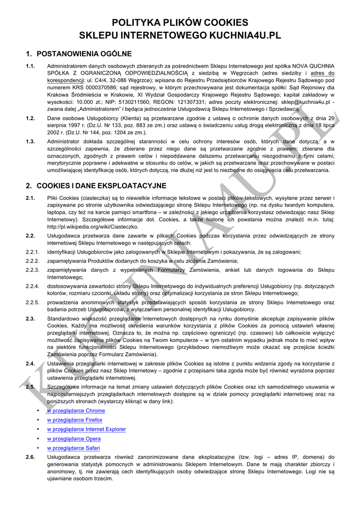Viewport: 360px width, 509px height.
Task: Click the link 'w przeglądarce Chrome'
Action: pyautogui.click(x=76, y=411)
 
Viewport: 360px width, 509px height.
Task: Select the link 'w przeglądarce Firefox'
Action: pyautogui.click(x=75, y=420)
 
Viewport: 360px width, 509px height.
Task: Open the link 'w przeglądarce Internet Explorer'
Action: pyautogui.click(x=87, y=429)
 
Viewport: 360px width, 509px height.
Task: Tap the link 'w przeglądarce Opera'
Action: pyautogui.click(x=74, y=439)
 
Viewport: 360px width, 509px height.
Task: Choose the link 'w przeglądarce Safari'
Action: pyautogui.click(x=74, y=448)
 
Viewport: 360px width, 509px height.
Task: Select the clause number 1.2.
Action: pyautogui.click(x=30, y=118)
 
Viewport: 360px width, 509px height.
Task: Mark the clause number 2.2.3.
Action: pyautogui.click(x=32, y=270)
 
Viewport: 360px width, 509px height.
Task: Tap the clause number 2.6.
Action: pyautogui.click(x=30, y=457)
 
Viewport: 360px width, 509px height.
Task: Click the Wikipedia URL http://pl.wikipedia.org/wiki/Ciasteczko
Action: pyautogui.click(x=93, y=227)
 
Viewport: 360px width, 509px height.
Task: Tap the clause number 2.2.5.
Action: pyautogui.click(x=32, y=302)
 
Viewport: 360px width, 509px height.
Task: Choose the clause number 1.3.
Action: pyautogui.click(x=30, y=142)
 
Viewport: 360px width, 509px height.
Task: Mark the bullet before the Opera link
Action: pyautogui.click(x=39, y=439)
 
